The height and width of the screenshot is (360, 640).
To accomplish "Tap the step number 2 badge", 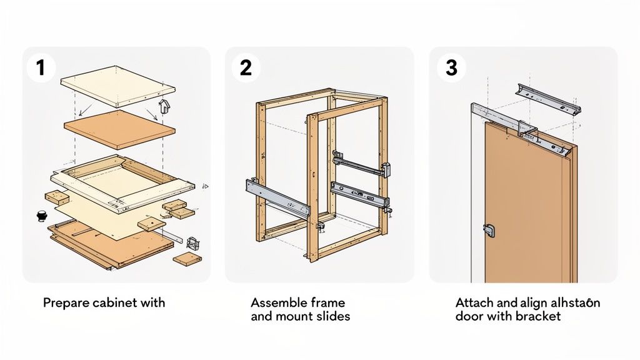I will (x=246, y=67).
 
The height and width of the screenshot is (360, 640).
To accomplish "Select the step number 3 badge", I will (x=451, y=67).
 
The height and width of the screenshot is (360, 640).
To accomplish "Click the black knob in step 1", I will (x=42, y=216).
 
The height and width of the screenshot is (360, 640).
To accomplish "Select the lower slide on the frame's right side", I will (x=359, y=194).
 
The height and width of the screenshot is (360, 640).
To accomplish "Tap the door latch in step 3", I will (x=489, y=230).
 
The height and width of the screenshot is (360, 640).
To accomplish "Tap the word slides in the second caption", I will (x=332, y=316).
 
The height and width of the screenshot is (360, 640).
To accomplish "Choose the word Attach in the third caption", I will (x=473, y=303).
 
